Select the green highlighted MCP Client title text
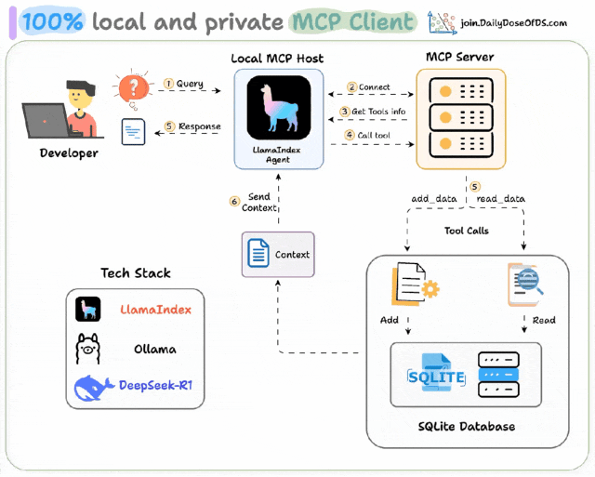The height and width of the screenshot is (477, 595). [351, 20]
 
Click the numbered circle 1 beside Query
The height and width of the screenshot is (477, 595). [168, 84]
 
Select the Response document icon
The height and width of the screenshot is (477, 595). [133, 130]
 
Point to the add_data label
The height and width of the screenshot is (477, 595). [432, 199]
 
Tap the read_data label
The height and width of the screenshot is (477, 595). [501, 199]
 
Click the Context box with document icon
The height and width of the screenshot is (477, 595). [278, 254]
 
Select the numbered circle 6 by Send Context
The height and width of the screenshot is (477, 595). [235, 200]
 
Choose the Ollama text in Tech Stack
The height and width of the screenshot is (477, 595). [154, 350]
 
